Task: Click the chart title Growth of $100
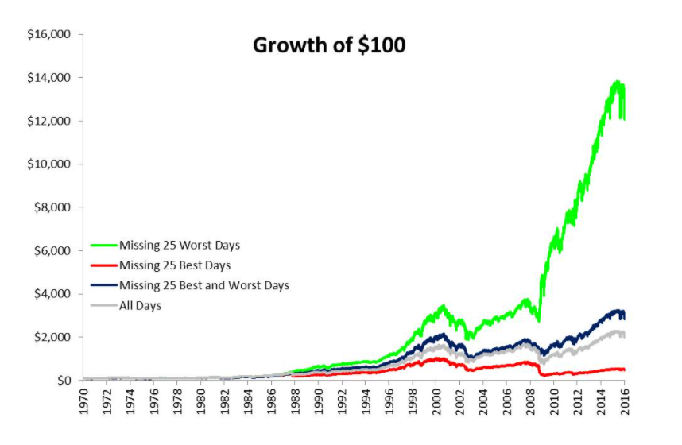(328, 45)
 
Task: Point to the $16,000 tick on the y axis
(50, 35)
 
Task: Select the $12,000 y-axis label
(50, 121)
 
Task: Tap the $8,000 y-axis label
(53, 207)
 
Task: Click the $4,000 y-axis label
(53, 294)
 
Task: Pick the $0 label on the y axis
(64, 380)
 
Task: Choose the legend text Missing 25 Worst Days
(180, 245)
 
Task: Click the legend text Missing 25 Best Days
(174, 265)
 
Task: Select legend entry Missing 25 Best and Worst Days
(203, 285)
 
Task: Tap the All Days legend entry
(140, 306)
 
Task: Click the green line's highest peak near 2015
(616, 82)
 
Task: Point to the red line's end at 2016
(624, 370)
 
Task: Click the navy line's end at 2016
(624, 315)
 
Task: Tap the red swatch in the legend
(103, 265)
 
